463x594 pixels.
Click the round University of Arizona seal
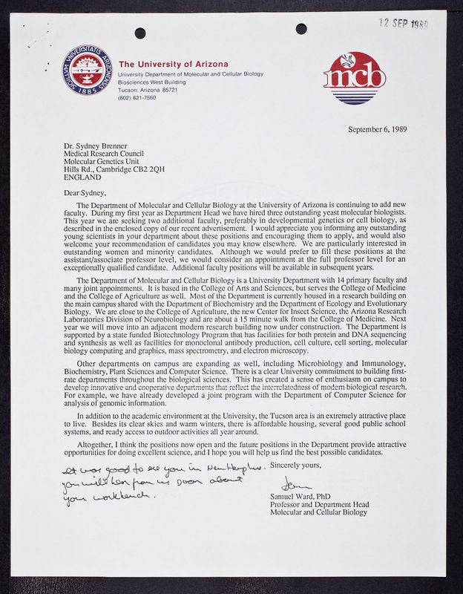pyautogui.click(x=87, y=71)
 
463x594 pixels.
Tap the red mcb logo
pyautogui.click(x=354, y=76)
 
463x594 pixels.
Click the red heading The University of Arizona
pyautogui.click(x=174, y=64)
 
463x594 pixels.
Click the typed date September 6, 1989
pyautogui.click(x=377, y=129)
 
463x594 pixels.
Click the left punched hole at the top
pyautogui.click(x=140, y=33)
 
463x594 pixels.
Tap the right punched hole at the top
pyautogui.click(x=301, y=29)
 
